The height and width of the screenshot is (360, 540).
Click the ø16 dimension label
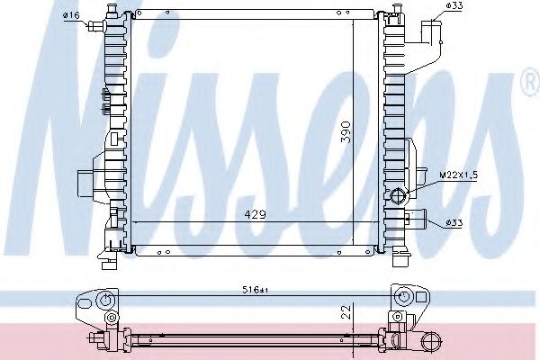pyautogui.click(x=71, y=15)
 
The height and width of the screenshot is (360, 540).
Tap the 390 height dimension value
pyautogui.click(x=346, y=132)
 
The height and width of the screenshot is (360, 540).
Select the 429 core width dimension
pyautogui.click(x=256, y=214)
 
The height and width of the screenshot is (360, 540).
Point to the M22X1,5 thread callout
pyautogui.click(x=459, y=175)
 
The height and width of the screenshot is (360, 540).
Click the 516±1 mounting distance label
pyautogui.click(x=256, y=291)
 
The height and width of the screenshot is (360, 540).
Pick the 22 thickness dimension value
pyautogui.click(x=346, y=311)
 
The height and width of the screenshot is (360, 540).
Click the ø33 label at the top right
pyautogui.click(x=454, y=5)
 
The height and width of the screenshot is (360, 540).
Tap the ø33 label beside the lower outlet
pyautogui.click(x=454, y=223)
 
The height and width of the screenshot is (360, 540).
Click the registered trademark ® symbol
pyautogui.click(x=531, y=83)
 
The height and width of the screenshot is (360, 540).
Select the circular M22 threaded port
pyautogui.click(x=399, y=195)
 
